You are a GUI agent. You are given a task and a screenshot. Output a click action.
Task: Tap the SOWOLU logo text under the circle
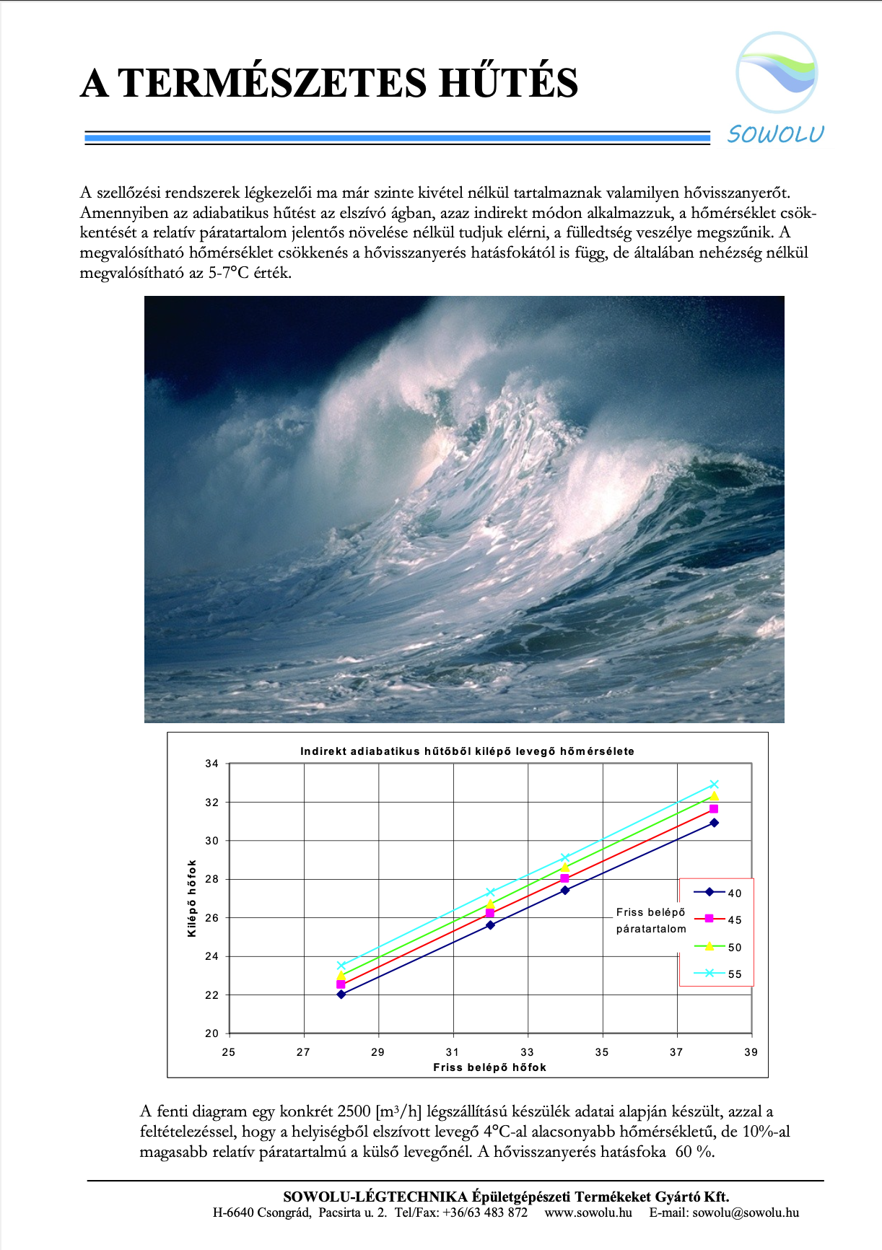[x=775, y=134]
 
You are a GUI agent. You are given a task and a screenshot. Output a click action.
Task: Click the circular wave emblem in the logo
[x=777, y=72]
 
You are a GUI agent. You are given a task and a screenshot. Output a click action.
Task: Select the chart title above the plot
[x=467, y=751]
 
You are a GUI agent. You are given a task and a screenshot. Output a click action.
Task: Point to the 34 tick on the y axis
[x=211, y=764]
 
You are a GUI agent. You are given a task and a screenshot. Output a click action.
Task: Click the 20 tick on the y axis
[x=211, y=1033]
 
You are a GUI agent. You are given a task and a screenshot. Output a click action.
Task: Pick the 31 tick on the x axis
[x=453, y=1052]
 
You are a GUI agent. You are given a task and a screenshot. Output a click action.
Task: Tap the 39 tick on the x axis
[x=751, y=1052]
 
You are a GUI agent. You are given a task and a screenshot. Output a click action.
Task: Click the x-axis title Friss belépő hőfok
[x=489, y=1067]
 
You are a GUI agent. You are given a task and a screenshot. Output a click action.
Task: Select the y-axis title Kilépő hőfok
[x=192, y=899]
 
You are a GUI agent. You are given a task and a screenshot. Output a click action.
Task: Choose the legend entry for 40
[x=717, y=893]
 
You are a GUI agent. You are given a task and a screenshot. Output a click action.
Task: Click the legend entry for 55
[x=717, y=974]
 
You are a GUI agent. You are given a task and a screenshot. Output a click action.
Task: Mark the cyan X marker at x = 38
[x=714, y=784]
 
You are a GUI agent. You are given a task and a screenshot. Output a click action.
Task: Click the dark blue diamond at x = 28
[x=341, y=995]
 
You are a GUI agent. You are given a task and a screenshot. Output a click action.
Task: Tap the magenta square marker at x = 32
[x=490, y=914]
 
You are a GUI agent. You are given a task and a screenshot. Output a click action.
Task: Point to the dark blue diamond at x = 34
[x=564, y=891]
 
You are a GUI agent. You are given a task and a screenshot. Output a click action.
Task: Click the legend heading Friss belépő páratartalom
[x=651, y=920]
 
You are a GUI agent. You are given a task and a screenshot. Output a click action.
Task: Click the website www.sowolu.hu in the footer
[x=588, y=1212]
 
